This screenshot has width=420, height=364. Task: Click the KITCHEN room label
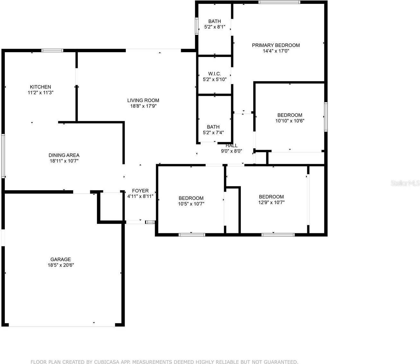tap(40, 87)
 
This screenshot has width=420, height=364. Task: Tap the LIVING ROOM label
tap(143, 100)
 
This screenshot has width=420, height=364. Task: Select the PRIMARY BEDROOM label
tap(276, 45)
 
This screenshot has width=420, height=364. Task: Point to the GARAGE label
tap(60, 259)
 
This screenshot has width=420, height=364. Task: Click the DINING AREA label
tap(64, 155)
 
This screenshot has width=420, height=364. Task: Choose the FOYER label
tap(140, 191)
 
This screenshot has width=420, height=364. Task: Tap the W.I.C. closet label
tap(214, 74)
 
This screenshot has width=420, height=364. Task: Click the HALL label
tap(232, 146)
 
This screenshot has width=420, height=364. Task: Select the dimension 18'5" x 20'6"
tap(60, 265)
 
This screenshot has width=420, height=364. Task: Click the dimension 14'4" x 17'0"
tap(276, 51)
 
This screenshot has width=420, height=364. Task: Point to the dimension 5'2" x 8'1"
tap(214, 27)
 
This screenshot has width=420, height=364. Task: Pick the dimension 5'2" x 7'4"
tap(213, 133)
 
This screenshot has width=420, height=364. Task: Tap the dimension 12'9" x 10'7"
tap(271, 203)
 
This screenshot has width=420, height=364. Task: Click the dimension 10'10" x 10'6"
tap(290, 121)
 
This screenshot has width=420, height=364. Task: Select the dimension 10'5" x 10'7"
tap(191, 204)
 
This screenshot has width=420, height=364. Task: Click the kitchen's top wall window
tap(52, 50)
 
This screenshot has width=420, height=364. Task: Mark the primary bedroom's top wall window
tap(279, 2)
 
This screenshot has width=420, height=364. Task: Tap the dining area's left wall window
tap(3, 156)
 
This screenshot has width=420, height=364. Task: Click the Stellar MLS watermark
tap(405, 183)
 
